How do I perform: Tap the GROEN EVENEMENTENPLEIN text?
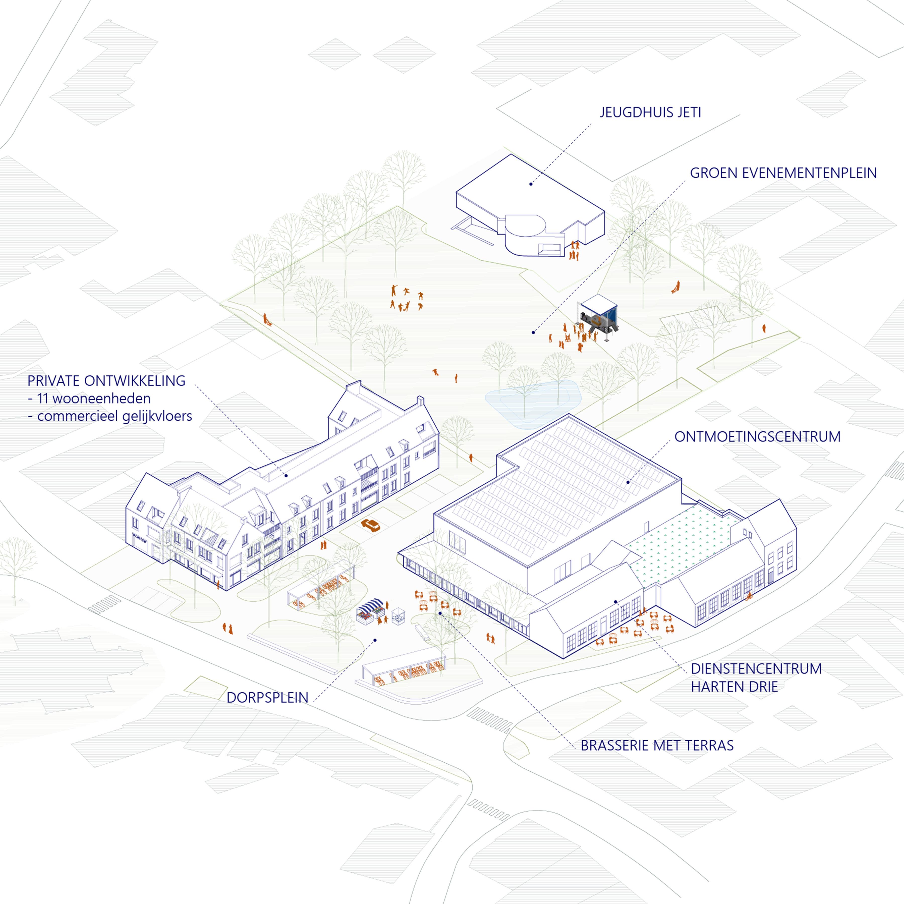(x=783, y=173)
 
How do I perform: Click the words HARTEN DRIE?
(x=734, y=687)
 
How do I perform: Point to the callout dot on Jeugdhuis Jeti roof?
(x=531, y=184)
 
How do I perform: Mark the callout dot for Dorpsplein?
(x=375, y=640)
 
